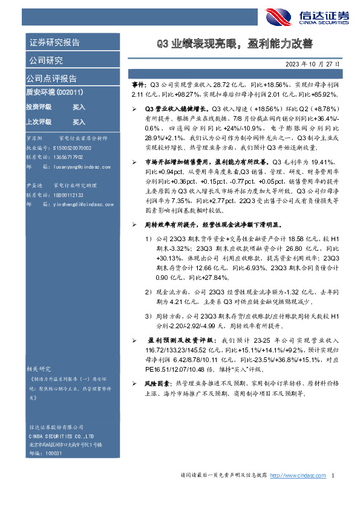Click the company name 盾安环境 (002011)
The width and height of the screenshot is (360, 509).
[x=58, y=92]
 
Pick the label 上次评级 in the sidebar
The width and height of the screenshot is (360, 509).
[x=38, y=122]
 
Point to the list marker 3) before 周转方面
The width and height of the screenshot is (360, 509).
[x=148, y=316]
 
